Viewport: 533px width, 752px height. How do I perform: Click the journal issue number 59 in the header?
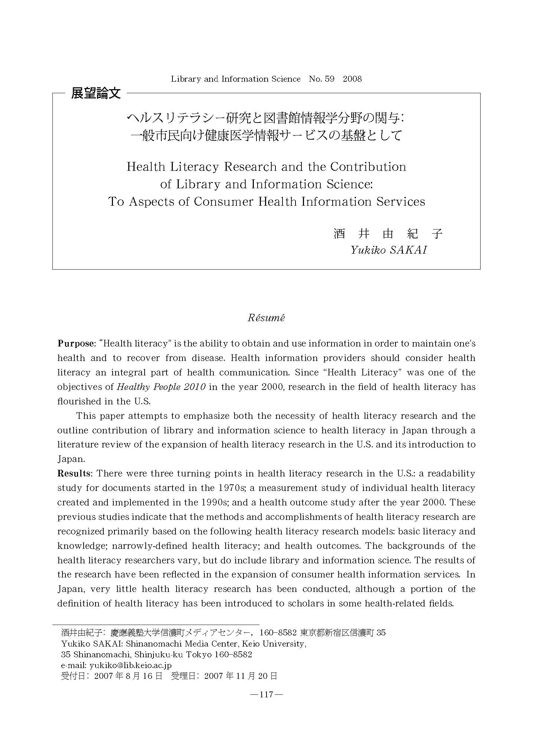[329, 79]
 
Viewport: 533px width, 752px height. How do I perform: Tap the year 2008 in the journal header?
[352, 79]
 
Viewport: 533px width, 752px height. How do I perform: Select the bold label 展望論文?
[96, 93]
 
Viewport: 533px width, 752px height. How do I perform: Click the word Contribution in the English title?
[368, 167]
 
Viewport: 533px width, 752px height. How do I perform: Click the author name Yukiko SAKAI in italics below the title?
[388, 250]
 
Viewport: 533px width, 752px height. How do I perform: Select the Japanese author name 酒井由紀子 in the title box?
[388, 234]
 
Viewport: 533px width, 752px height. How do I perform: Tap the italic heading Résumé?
[266, 318]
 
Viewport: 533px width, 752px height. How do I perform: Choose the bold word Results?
[75, 473]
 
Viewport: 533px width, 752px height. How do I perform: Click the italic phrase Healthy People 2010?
[161, 387]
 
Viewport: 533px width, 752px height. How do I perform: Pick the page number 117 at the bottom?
[266, 694]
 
